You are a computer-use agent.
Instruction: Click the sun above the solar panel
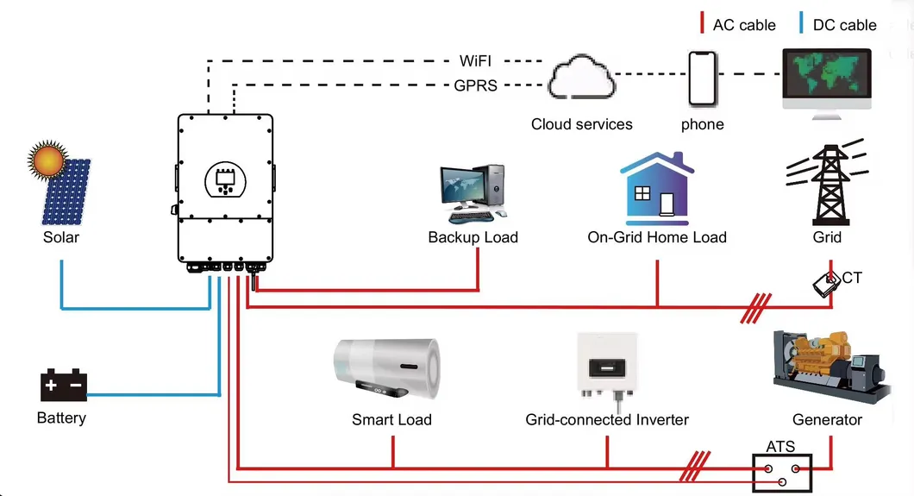(x=47, y=160)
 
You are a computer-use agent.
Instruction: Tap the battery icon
(x=63, y=386)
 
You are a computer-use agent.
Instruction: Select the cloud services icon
(x=581, y=80)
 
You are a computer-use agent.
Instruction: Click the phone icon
(x=702, y=78)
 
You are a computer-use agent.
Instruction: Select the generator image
(x=827, y=366)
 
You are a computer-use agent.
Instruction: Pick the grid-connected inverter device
(x=607, y=367)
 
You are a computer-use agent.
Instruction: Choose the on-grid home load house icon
(x=656, y=187)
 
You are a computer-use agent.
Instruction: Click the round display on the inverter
(x=226, y=179)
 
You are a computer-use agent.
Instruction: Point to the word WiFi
(x=475, y=61)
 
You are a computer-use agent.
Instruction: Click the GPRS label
(x=475, y=85)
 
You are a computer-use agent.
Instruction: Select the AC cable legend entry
(x=738, y=25)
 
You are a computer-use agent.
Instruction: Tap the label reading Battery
(x=61, y=418)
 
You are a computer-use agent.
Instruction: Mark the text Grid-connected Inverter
(x=607, y=420)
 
